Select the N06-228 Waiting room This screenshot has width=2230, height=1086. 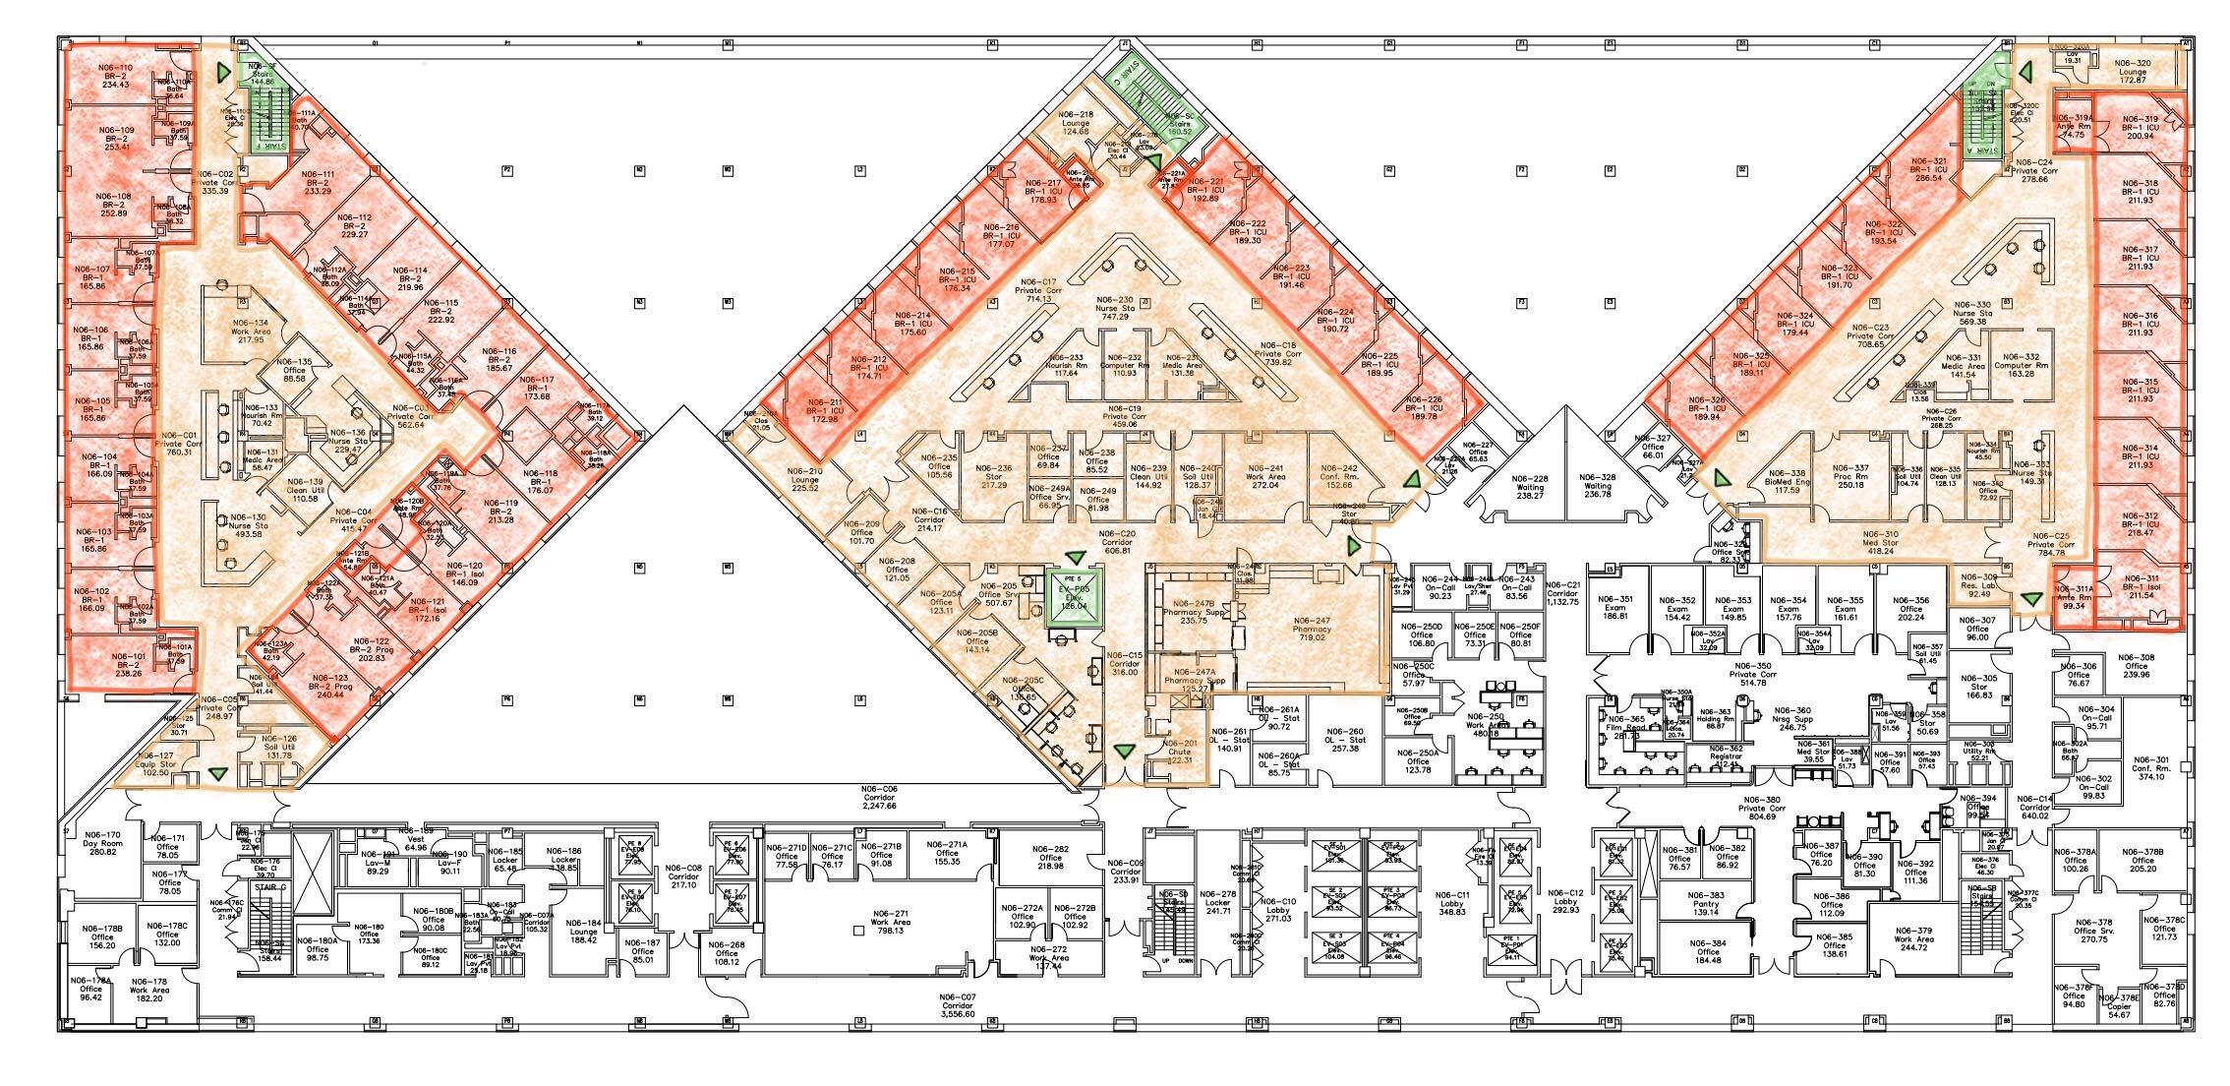pyautogui.click(x=1532, y=487)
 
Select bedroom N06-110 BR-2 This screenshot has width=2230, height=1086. pyautogui.click(x=115, y=76)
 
